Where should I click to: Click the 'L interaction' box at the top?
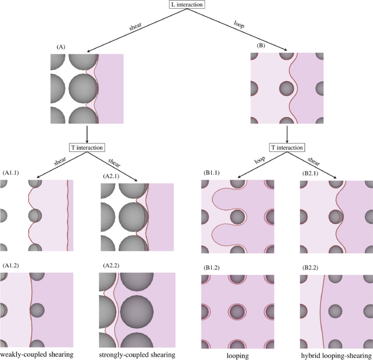click(x=187, y=5)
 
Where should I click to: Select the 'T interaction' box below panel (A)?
click(x=87, y=147)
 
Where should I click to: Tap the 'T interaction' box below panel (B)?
click(x=286, y=147)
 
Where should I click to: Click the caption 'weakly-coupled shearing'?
click(x=37, y=355)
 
